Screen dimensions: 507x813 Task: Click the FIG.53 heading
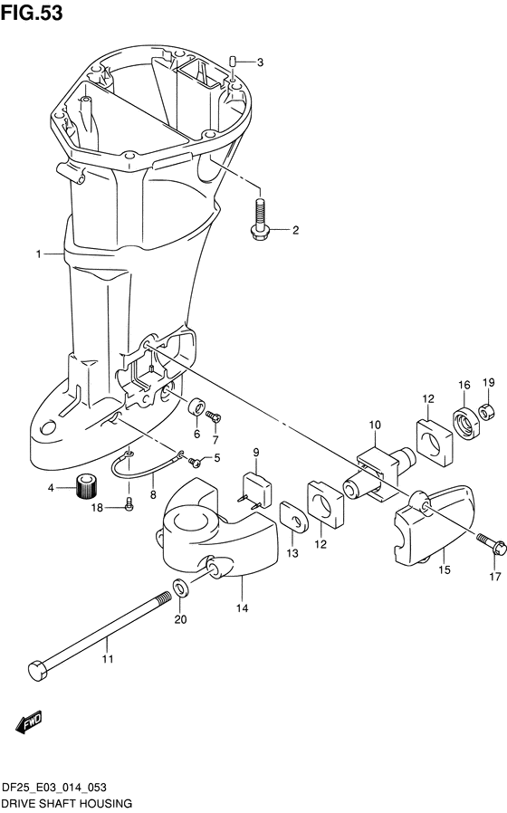point(32,13)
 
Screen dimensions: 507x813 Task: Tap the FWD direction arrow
point(28,722)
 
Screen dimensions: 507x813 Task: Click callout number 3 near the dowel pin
point(260,62)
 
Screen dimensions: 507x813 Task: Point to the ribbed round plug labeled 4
point(87,486)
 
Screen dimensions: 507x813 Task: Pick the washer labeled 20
point(181,588)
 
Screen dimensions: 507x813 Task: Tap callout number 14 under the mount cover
point(242,608)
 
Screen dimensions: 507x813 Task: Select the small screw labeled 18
point(129,502)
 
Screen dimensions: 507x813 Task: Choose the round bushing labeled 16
point(466,422)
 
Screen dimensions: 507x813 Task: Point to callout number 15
point(445,569)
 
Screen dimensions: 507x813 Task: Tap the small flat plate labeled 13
point(294,516)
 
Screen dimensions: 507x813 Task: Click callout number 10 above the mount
point(375,426)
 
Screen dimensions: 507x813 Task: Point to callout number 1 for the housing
point(38,254)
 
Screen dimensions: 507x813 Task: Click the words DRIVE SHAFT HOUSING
point(67,803)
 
